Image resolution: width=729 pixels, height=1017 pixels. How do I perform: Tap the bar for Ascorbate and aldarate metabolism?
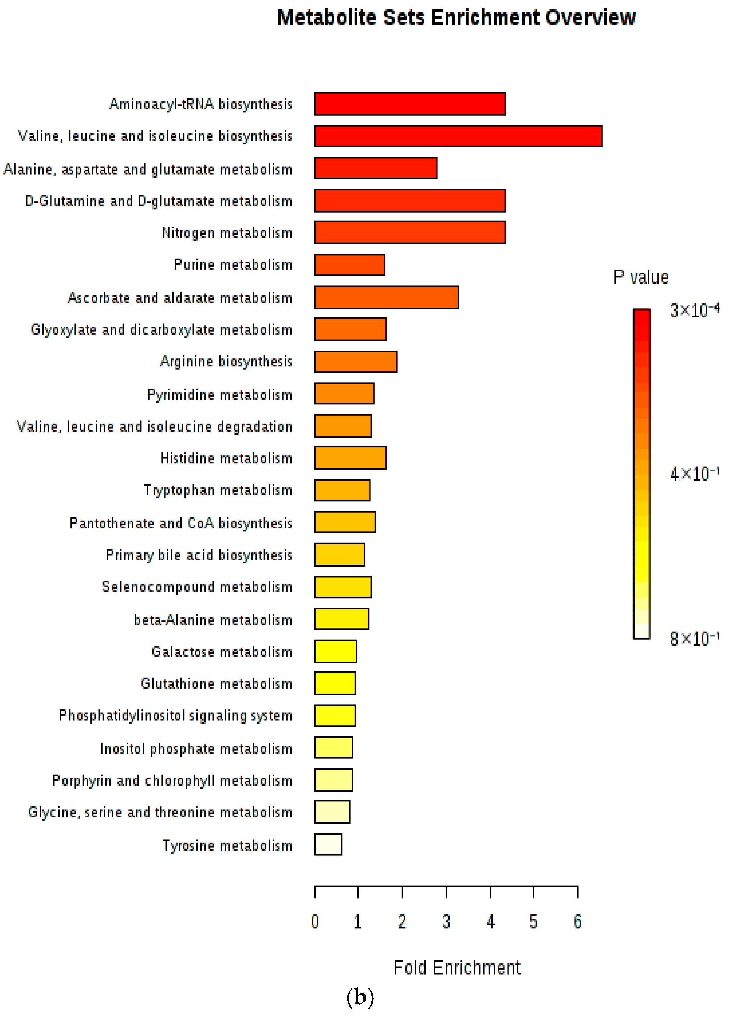coord(386,297)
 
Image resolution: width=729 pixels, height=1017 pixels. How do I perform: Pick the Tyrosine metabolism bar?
coord(328,844)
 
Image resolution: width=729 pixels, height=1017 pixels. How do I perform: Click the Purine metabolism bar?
coord(349,265)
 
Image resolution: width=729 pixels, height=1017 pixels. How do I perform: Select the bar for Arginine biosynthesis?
coord(355,362)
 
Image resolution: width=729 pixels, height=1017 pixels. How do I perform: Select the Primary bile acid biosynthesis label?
coord(199,555)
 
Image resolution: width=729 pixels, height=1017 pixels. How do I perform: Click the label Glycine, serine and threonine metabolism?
coord(160,812)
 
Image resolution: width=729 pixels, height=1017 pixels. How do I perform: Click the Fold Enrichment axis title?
coord(457,968)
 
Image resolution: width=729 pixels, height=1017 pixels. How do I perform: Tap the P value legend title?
coord(641,277)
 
